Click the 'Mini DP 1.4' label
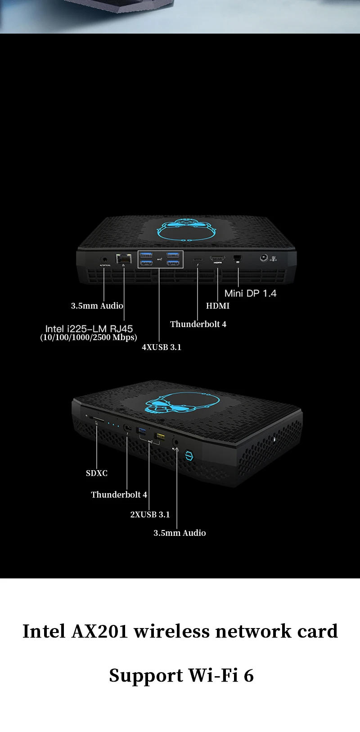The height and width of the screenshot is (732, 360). click(250, 293)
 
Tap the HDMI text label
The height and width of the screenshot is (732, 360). click(218, 306)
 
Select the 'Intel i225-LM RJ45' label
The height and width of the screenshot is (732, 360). click(89, 329)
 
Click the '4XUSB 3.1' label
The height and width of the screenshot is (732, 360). click(162, 347)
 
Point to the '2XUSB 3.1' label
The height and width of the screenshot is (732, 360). click(150, 515)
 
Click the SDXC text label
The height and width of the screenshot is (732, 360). click(97, 473)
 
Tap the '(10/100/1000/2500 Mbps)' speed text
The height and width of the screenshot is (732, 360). click(89, 337)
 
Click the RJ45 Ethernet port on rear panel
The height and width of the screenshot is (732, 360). click(124, 258)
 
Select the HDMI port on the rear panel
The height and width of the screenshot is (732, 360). click(217, 259)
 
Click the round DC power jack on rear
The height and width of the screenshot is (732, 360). click(264, 258)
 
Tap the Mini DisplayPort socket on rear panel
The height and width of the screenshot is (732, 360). click(238, 258)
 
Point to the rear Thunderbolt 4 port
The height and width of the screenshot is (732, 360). click(198, 259)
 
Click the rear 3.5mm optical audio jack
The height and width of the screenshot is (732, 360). click(104, 259)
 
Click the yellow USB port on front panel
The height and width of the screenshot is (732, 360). click(159, 436)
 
